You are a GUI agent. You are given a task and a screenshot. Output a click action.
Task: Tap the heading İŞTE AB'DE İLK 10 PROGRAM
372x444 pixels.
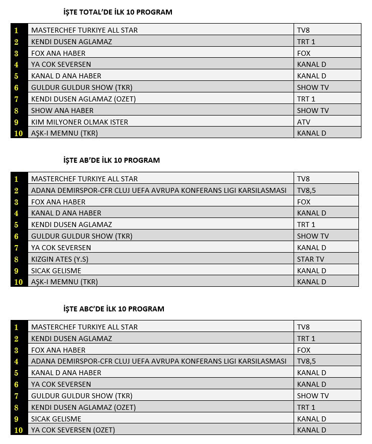point(111,160)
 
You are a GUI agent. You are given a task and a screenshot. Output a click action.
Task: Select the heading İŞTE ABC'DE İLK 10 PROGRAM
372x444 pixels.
point(114,309)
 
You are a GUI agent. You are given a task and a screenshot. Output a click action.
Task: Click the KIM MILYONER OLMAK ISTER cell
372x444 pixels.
point(79,122)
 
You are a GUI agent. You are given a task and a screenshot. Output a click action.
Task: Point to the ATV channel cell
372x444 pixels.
point(304,122)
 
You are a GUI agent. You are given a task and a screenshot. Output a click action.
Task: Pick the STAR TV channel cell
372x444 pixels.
point(310,259)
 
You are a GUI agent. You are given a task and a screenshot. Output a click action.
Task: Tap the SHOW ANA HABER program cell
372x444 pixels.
point(62,110)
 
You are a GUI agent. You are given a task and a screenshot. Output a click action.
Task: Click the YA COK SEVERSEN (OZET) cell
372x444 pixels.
point(73,430)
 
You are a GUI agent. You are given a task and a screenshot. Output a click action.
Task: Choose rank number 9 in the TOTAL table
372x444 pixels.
point(17,122)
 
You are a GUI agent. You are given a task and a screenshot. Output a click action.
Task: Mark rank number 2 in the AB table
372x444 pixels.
point(17,190)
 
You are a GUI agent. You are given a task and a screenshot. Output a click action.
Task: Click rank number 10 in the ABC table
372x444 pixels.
point(18,430)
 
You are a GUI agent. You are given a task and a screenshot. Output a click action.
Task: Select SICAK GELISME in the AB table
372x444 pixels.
point(56,271)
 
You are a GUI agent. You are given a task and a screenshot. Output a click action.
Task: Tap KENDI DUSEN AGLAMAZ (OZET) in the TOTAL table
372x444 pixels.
point(83,99)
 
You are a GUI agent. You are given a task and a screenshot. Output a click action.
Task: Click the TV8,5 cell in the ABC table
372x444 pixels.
point(307,361)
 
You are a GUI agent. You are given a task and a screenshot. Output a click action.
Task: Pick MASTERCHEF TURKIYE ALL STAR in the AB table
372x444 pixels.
point(84,179)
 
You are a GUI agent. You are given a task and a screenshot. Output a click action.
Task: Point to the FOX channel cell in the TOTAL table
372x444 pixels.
point(304,53)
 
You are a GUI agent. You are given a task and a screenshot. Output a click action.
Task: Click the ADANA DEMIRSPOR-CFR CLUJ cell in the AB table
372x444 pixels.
point(159,190)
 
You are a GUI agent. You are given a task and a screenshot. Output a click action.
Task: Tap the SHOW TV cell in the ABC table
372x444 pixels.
point(313,396)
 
